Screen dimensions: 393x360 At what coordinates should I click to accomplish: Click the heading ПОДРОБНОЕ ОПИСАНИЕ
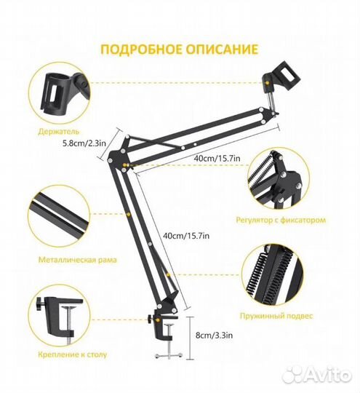(179, 50)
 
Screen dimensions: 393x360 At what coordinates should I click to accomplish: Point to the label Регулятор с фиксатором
(291, 219)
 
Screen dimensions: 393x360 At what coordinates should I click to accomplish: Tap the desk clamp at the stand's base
(167, 320)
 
